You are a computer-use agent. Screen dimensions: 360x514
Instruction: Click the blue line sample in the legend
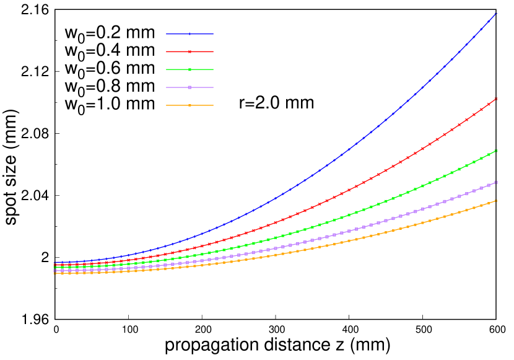pyautogui.click(x=189, y=34)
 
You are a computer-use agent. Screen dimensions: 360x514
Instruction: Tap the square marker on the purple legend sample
pyautogui.click(x=189, y=87)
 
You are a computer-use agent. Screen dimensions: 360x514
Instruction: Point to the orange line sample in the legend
pyautogui.click(x=189, y=105)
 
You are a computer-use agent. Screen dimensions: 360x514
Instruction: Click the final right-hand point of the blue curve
pyautogui.click(x=496, y=13)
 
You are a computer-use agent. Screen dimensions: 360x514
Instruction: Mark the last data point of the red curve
pyautogui.click(x=496, y=99)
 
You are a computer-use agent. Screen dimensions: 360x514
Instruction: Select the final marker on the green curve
pyautogui.click(x=496, y=151)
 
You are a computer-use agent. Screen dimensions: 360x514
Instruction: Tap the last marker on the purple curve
pyautogui.click(x=496, y=182)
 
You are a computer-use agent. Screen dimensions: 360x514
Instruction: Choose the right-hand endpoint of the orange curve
pyautogui.click(x=496, y=201)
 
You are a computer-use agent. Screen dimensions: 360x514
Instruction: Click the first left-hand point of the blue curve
pyautogui.click(x=55, y=263)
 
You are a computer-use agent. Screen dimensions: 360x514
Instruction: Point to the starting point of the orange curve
pyautogui.click(x=55, y=273)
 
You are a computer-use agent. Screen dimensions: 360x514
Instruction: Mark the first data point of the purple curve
pyautogui.click(x=55, y=271)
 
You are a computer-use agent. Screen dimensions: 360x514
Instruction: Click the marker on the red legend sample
pyautogui.click(x=189, y=52)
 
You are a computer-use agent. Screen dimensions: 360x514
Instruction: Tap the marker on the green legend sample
pyautogui.click(x=189, y=69)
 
